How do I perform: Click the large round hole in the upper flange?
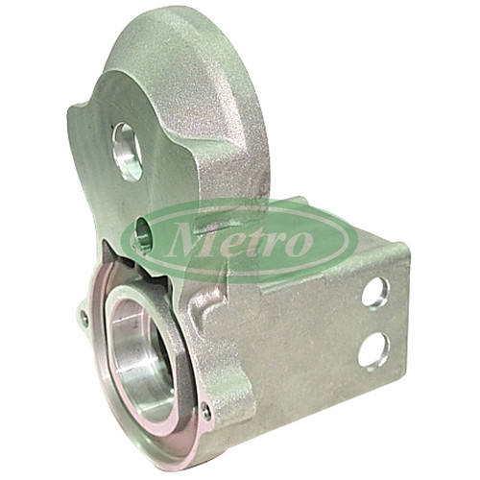[x=127, y=152]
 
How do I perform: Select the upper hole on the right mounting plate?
[x=375, y=292]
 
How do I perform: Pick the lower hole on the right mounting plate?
[x=373, y=349]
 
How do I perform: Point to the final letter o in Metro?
[x=300, y=243]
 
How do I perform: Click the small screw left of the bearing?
[x=84, y=318]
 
